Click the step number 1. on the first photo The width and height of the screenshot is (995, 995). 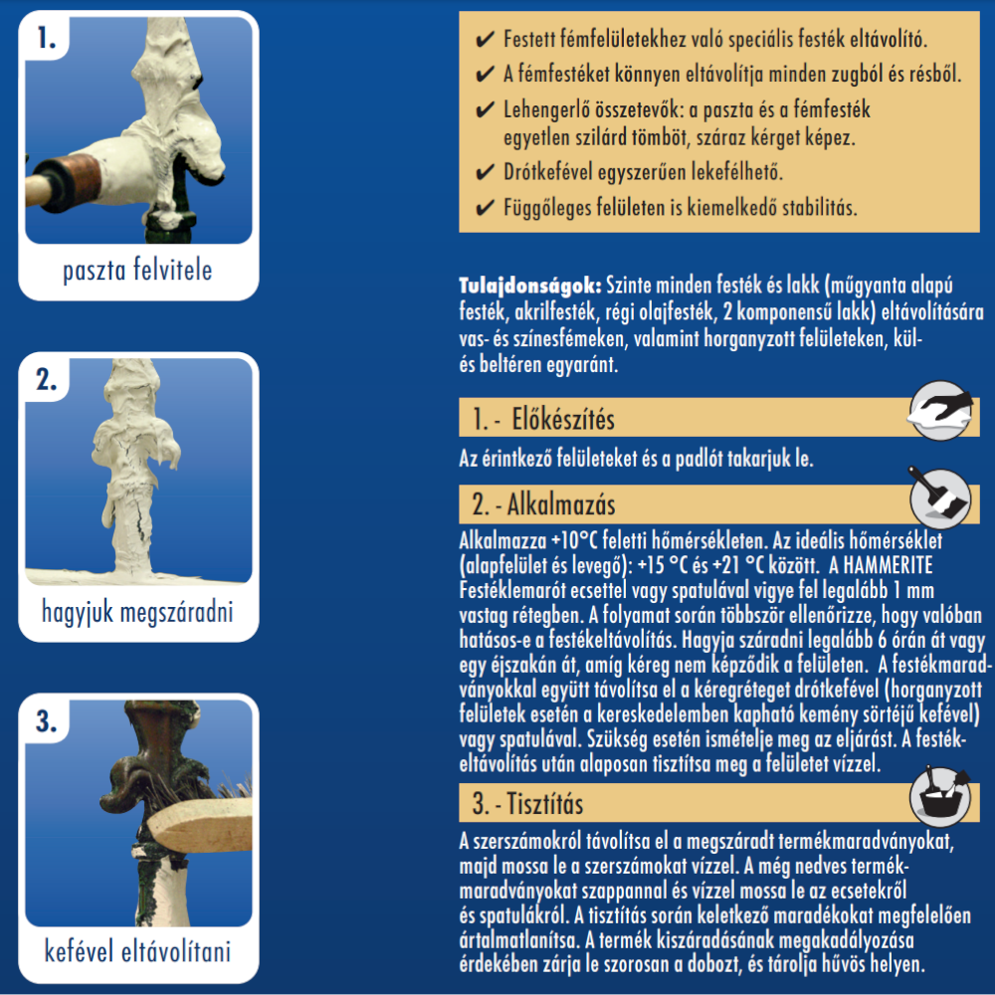point(47,39)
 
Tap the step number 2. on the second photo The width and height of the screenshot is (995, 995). point(47,380)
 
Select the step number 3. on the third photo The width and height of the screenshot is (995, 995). point(47,721)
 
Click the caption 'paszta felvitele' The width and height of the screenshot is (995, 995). point(137,271)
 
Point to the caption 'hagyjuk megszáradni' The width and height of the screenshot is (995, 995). point(137,612)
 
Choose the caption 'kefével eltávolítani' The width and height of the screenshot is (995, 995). point(137,952)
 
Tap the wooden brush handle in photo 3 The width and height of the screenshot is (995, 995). point(200,824)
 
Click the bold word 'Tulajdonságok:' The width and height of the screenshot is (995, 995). point(530,286)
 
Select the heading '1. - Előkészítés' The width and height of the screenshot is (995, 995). point(543,420)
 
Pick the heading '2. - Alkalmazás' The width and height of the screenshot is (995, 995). point(543,505)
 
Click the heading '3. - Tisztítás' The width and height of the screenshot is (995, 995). point(527,804)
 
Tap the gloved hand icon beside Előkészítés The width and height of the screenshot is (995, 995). point(940,410)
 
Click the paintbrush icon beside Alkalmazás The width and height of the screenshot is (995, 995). point(939,497)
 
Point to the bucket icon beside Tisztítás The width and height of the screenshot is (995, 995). point(940,796)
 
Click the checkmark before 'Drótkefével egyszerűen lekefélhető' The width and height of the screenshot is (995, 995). point(485,172)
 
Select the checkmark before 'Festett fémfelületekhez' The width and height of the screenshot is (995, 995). point(485,40)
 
